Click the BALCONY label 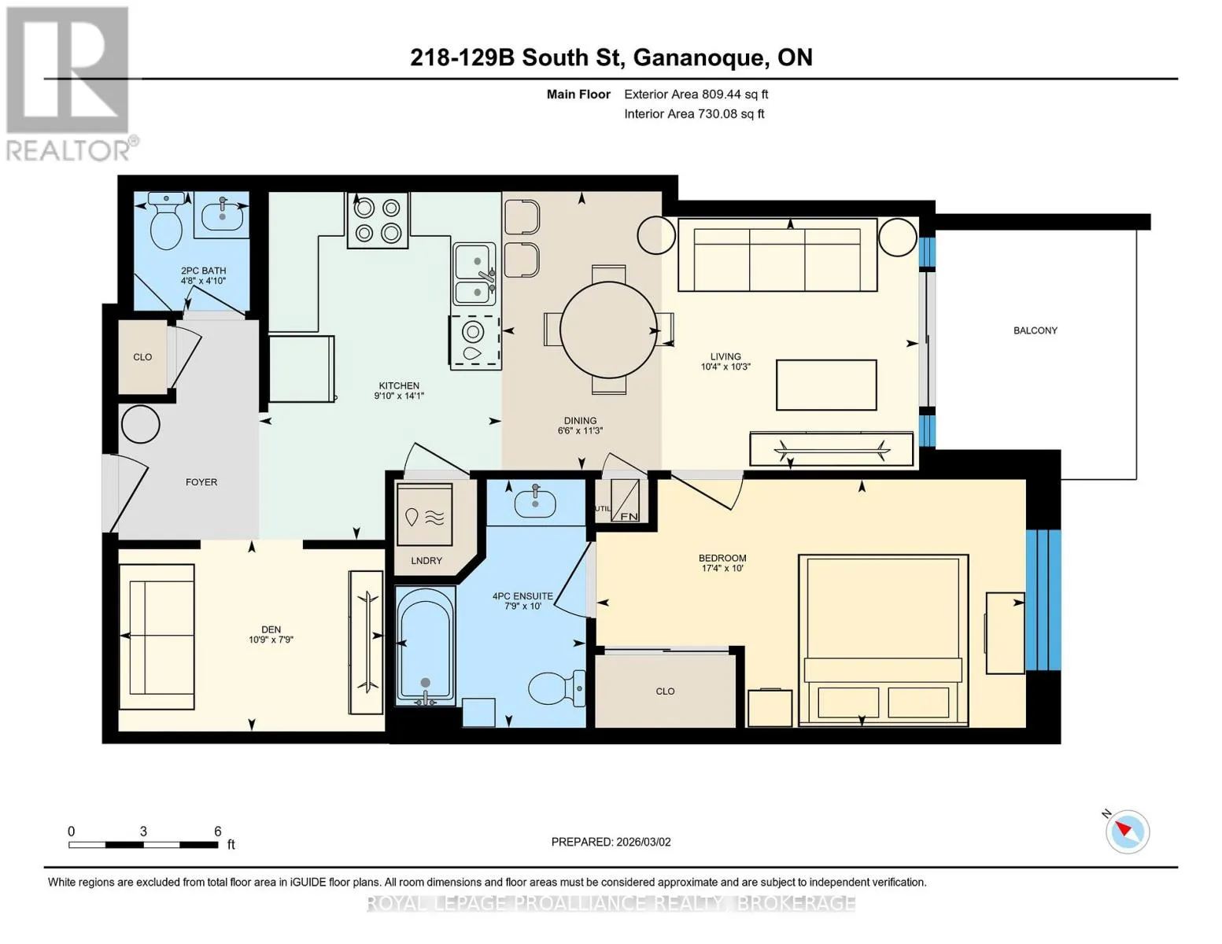coord(1035,330)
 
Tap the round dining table coord(608,330)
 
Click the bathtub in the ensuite coord(425,645)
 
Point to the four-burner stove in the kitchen coord(378,219)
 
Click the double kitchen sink coord(474,273)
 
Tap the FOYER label coord(201,482)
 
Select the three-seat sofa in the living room coord(777,255)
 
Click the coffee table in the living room coord(826,385)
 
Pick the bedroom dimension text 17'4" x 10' coord(722,569)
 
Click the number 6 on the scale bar coord(218,831)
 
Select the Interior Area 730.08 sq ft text coord(694,113)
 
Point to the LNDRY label coord(426,561)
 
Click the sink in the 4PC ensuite coord(535,502)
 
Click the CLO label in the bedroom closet coord(665,691)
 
